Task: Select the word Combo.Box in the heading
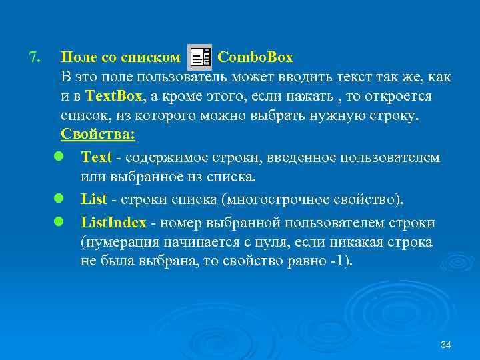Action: click(x=255, y=57)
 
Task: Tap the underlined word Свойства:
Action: click(x=98, y=135)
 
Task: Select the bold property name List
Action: click(x=92, y=199)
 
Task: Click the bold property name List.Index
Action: click(x=113, y=222)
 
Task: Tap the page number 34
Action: click(x=446, y=345)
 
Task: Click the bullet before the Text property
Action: click(x=59, y=158)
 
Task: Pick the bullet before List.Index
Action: click(x=59, y=222)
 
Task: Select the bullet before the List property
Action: click(x=59, y=199)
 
